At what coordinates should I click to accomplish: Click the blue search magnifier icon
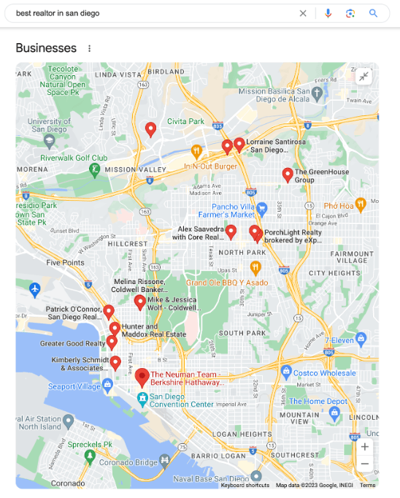[x=373, y=13]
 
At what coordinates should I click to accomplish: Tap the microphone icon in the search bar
[x=328, y=13]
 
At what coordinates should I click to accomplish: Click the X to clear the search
[x=303, y=13]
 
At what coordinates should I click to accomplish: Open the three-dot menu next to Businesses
[x=90, y=49]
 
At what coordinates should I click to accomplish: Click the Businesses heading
[x=46, y=48]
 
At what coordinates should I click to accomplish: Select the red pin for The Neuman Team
[x=143, y=378]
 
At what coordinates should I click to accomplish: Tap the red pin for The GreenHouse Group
[x=288, y=175]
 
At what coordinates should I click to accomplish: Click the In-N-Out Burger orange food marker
[x=196, y=151]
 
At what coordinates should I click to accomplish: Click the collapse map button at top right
[x=364, y=77]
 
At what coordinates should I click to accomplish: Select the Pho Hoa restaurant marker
[x=360, y=204]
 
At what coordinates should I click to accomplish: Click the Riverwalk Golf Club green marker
[x=94, y=169]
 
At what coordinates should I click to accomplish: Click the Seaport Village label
[x=74, y=386]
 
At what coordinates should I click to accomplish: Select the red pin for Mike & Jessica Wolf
[x=139, y=302]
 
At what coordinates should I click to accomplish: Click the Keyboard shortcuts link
[x=245, y=485]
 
